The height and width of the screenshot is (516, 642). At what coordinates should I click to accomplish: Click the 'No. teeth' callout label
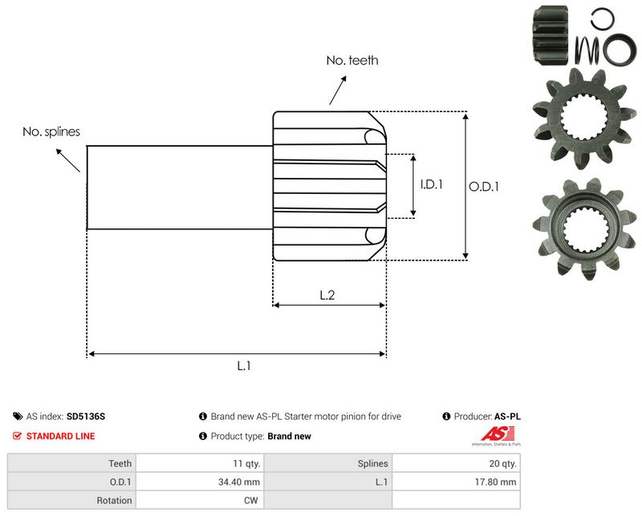pos(351,60)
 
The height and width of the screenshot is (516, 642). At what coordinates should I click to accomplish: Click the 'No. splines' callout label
pos(51,131)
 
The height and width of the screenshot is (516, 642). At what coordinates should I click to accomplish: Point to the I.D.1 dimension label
pos(432,184)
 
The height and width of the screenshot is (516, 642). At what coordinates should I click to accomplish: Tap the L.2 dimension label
pos(327,295)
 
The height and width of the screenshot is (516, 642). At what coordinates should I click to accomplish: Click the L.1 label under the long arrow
pos(244,365)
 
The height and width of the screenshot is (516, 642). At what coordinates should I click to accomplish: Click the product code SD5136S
pos(86,417)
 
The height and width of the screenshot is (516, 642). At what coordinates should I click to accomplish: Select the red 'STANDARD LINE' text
pos(60,437)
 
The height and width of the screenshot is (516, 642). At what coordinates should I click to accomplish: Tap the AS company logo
pos(495,437)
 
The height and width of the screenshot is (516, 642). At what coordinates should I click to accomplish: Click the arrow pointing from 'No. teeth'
pos(338,90)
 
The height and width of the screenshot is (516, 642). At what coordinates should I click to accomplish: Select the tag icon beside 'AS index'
pos(18,417)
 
